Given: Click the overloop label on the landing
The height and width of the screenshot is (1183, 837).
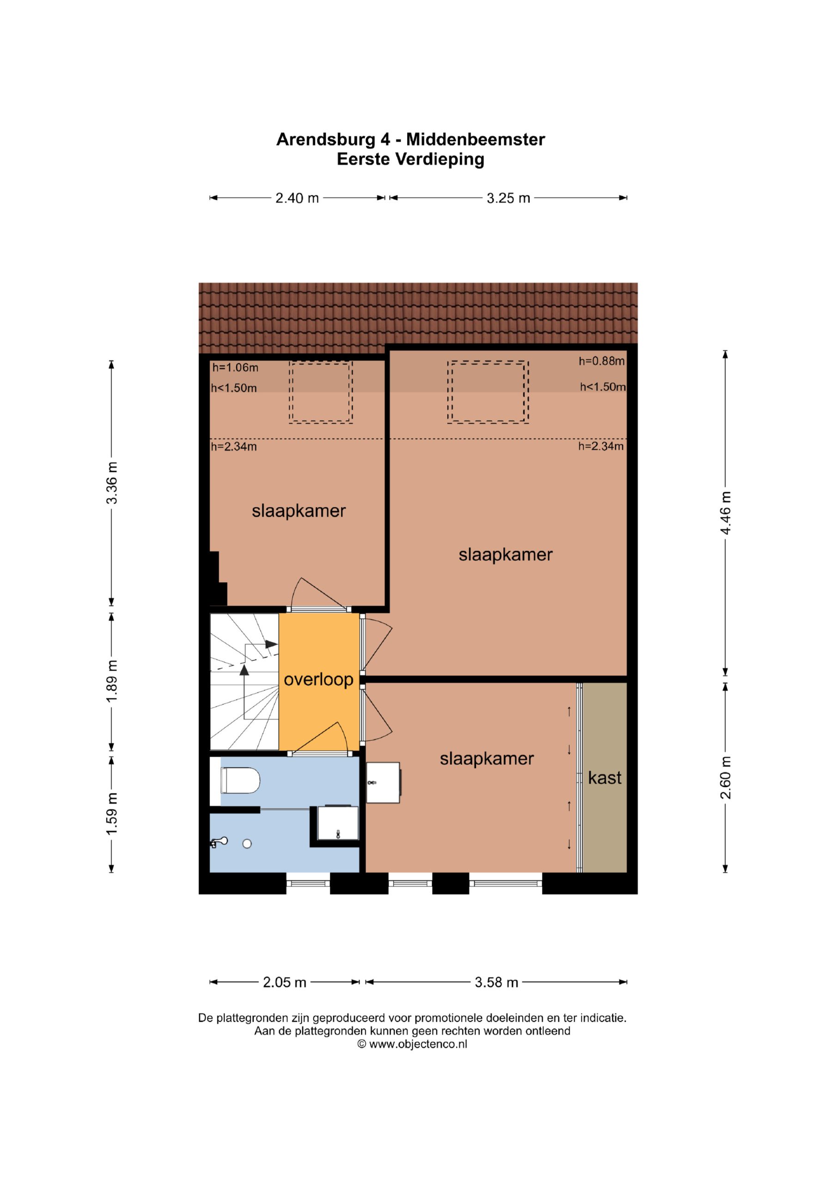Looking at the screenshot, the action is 318,680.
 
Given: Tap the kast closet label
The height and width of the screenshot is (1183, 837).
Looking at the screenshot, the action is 605,778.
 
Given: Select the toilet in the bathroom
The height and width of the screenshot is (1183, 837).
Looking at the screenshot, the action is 240,781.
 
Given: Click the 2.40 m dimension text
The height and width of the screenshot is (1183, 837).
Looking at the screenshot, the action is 297,198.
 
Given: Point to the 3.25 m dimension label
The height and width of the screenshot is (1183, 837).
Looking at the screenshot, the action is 508,198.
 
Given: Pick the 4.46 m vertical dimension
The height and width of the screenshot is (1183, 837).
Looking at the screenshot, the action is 725,512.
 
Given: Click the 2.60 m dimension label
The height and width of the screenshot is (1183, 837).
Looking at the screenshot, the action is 725,778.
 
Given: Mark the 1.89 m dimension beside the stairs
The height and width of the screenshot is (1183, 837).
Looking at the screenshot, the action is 112,681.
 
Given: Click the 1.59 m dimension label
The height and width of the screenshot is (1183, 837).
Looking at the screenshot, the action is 112,814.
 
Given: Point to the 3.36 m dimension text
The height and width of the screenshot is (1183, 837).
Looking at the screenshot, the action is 112,483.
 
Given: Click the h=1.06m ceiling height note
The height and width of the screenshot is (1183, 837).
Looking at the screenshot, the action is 235,367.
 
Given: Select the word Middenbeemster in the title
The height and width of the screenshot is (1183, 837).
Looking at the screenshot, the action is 475,139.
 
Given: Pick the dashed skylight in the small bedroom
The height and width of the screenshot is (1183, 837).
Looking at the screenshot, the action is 321,392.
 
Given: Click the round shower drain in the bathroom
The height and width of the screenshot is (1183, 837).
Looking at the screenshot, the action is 247,843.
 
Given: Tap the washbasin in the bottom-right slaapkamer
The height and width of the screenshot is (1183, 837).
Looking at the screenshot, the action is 384,783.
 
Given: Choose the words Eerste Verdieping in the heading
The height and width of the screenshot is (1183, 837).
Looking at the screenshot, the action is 411,159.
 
